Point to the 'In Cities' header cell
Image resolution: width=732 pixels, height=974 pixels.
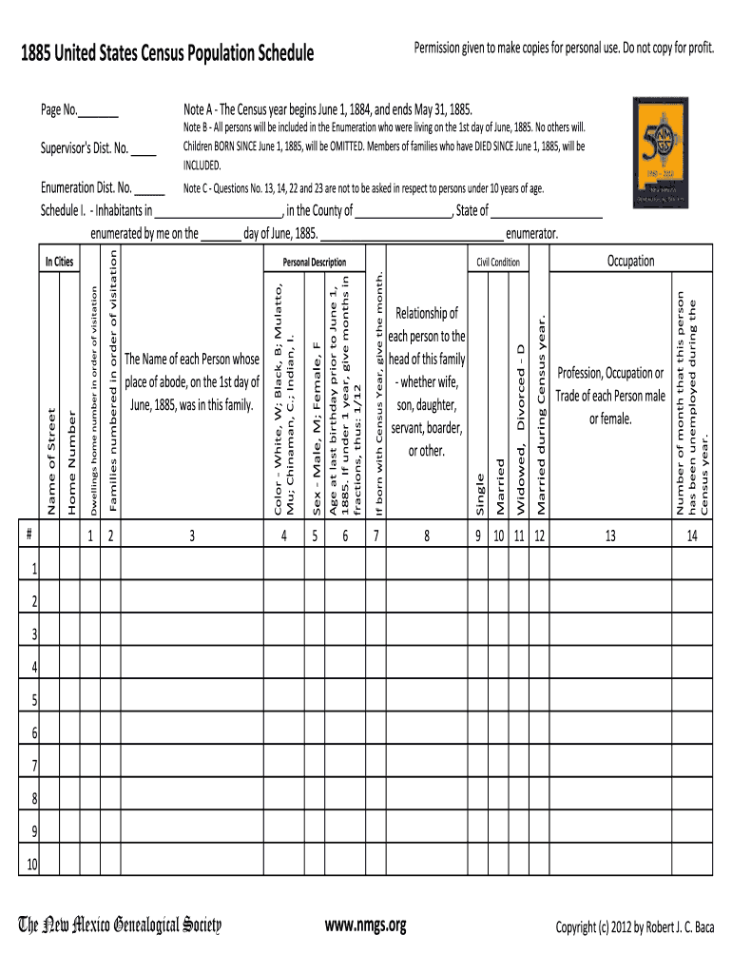(59, 262)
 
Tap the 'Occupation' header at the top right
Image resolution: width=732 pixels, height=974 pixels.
(631, 261)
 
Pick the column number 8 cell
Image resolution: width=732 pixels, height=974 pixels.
(427, 536)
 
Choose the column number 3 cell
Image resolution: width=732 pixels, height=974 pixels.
(191, 536)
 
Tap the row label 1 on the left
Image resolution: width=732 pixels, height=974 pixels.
(34, 570)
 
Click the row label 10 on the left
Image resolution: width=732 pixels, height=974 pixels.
(32, 865)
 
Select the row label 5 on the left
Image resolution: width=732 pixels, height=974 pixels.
(34, 701)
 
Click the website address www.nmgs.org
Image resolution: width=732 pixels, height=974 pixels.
(365, 925)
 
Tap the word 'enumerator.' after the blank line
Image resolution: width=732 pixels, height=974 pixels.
(532, 233)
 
